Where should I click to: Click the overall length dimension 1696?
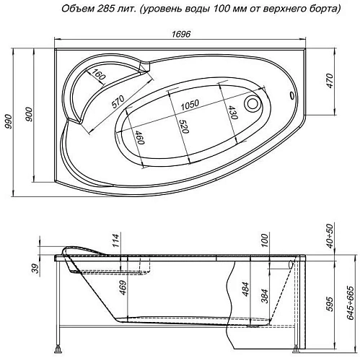179,32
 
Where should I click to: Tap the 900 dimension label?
29,119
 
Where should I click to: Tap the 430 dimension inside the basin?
233,116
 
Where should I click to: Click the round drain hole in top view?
253,103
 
